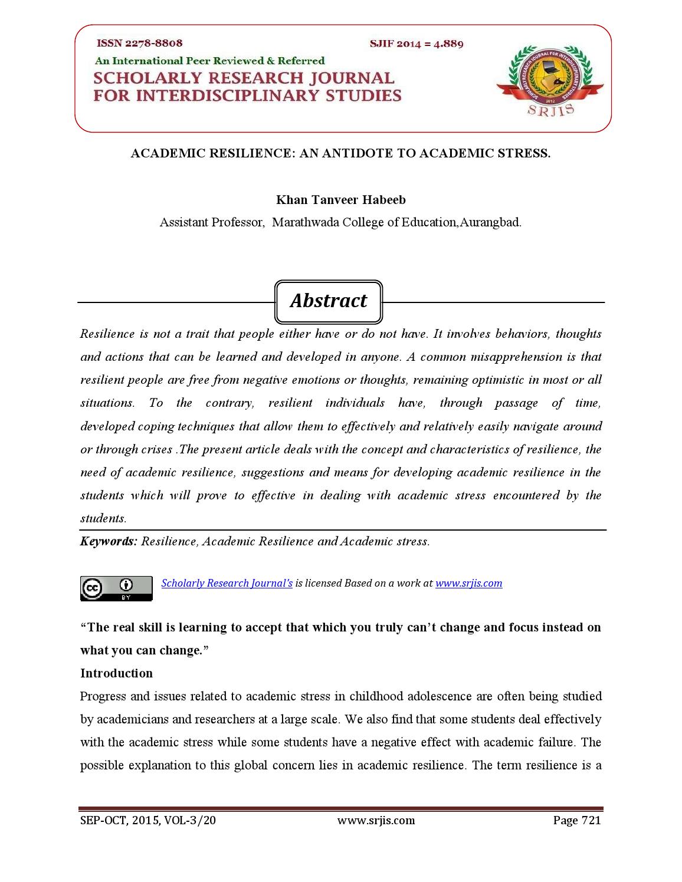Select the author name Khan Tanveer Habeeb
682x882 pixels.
click(x=341, y=200)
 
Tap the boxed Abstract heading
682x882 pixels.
click(x=329, y=301)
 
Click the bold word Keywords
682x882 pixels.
click(x=109, y=541)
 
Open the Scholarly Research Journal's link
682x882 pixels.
click(x=227, y=583)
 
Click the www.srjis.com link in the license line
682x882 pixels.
click(x=468, y=583)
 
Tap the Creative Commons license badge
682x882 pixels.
click(x=116, y=588)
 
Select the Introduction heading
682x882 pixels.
click(x=116, y=673)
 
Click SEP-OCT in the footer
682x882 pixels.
click(x=101, y=820)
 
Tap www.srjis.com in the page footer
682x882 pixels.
click(x=376, y=820)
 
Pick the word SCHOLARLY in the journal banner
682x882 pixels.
click(x=146, y=78)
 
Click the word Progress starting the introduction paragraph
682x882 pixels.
click(x=103, y=696)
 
